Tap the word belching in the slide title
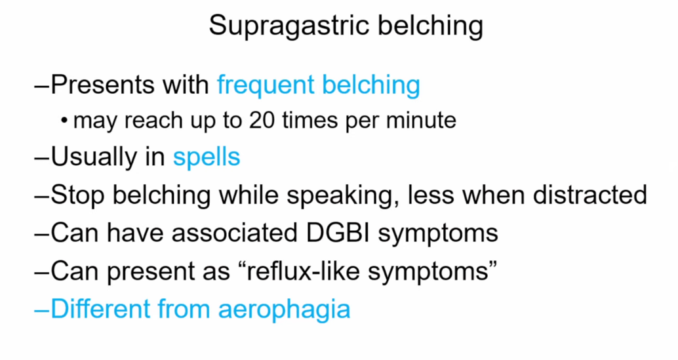[x=431, y=25]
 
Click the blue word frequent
[x=266, y=85]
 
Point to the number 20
[x=262, y=120]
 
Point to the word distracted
[x=589, y=195]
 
